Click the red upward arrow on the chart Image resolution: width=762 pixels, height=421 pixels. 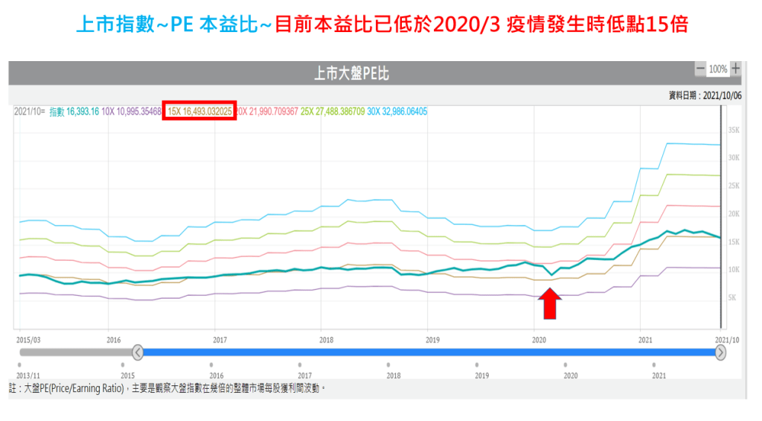pyautogui.click(x=549, y=303)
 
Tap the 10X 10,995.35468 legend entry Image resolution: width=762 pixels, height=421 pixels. pyautogui.click(x=131, y=111)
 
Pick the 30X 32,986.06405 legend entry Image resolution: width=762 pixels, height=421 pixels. pyautogui.click(x=397, y=111)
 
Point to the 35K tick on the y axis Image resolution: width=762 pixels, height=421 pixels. pyautogui.click(x=733, y=130)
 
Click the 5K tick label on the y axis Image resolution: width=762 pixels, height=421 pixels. pyautogui.click(x=733, y=297)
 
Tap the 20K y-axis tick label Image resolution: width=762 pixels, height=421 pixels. pyautogui.click(x=733, y=214)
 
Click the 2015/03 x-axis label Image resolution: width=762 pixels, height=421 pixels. pyautogui.click(x=29, y=339)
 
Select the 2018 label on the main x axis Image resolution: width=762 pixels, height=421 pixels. pyautogui.click(x=326, y=339)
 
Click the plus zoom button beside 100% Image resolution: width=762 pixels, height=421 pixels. pyautogui.click(x=736, y=69)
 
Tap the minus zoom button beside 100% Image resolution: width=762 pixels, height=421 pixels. pyautogui.click(x=699, y=69)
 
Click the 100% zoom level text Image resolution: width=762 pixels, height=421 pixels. pyautogui.click(x=718, y=69)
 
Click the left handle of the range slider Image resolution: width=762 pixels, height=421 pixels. pyautogui.click(x=138, y=352)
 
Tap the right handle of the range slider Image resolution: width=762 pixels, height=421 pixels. pyautogui.click(x=720, y=352)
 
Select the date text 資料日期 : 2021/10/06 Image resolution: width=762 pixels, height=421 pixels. pyautogui.click(x=703, y=95)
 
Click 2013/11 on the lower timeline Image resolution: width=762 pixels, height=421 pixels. pyautogui.click(x=29, y=376)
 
